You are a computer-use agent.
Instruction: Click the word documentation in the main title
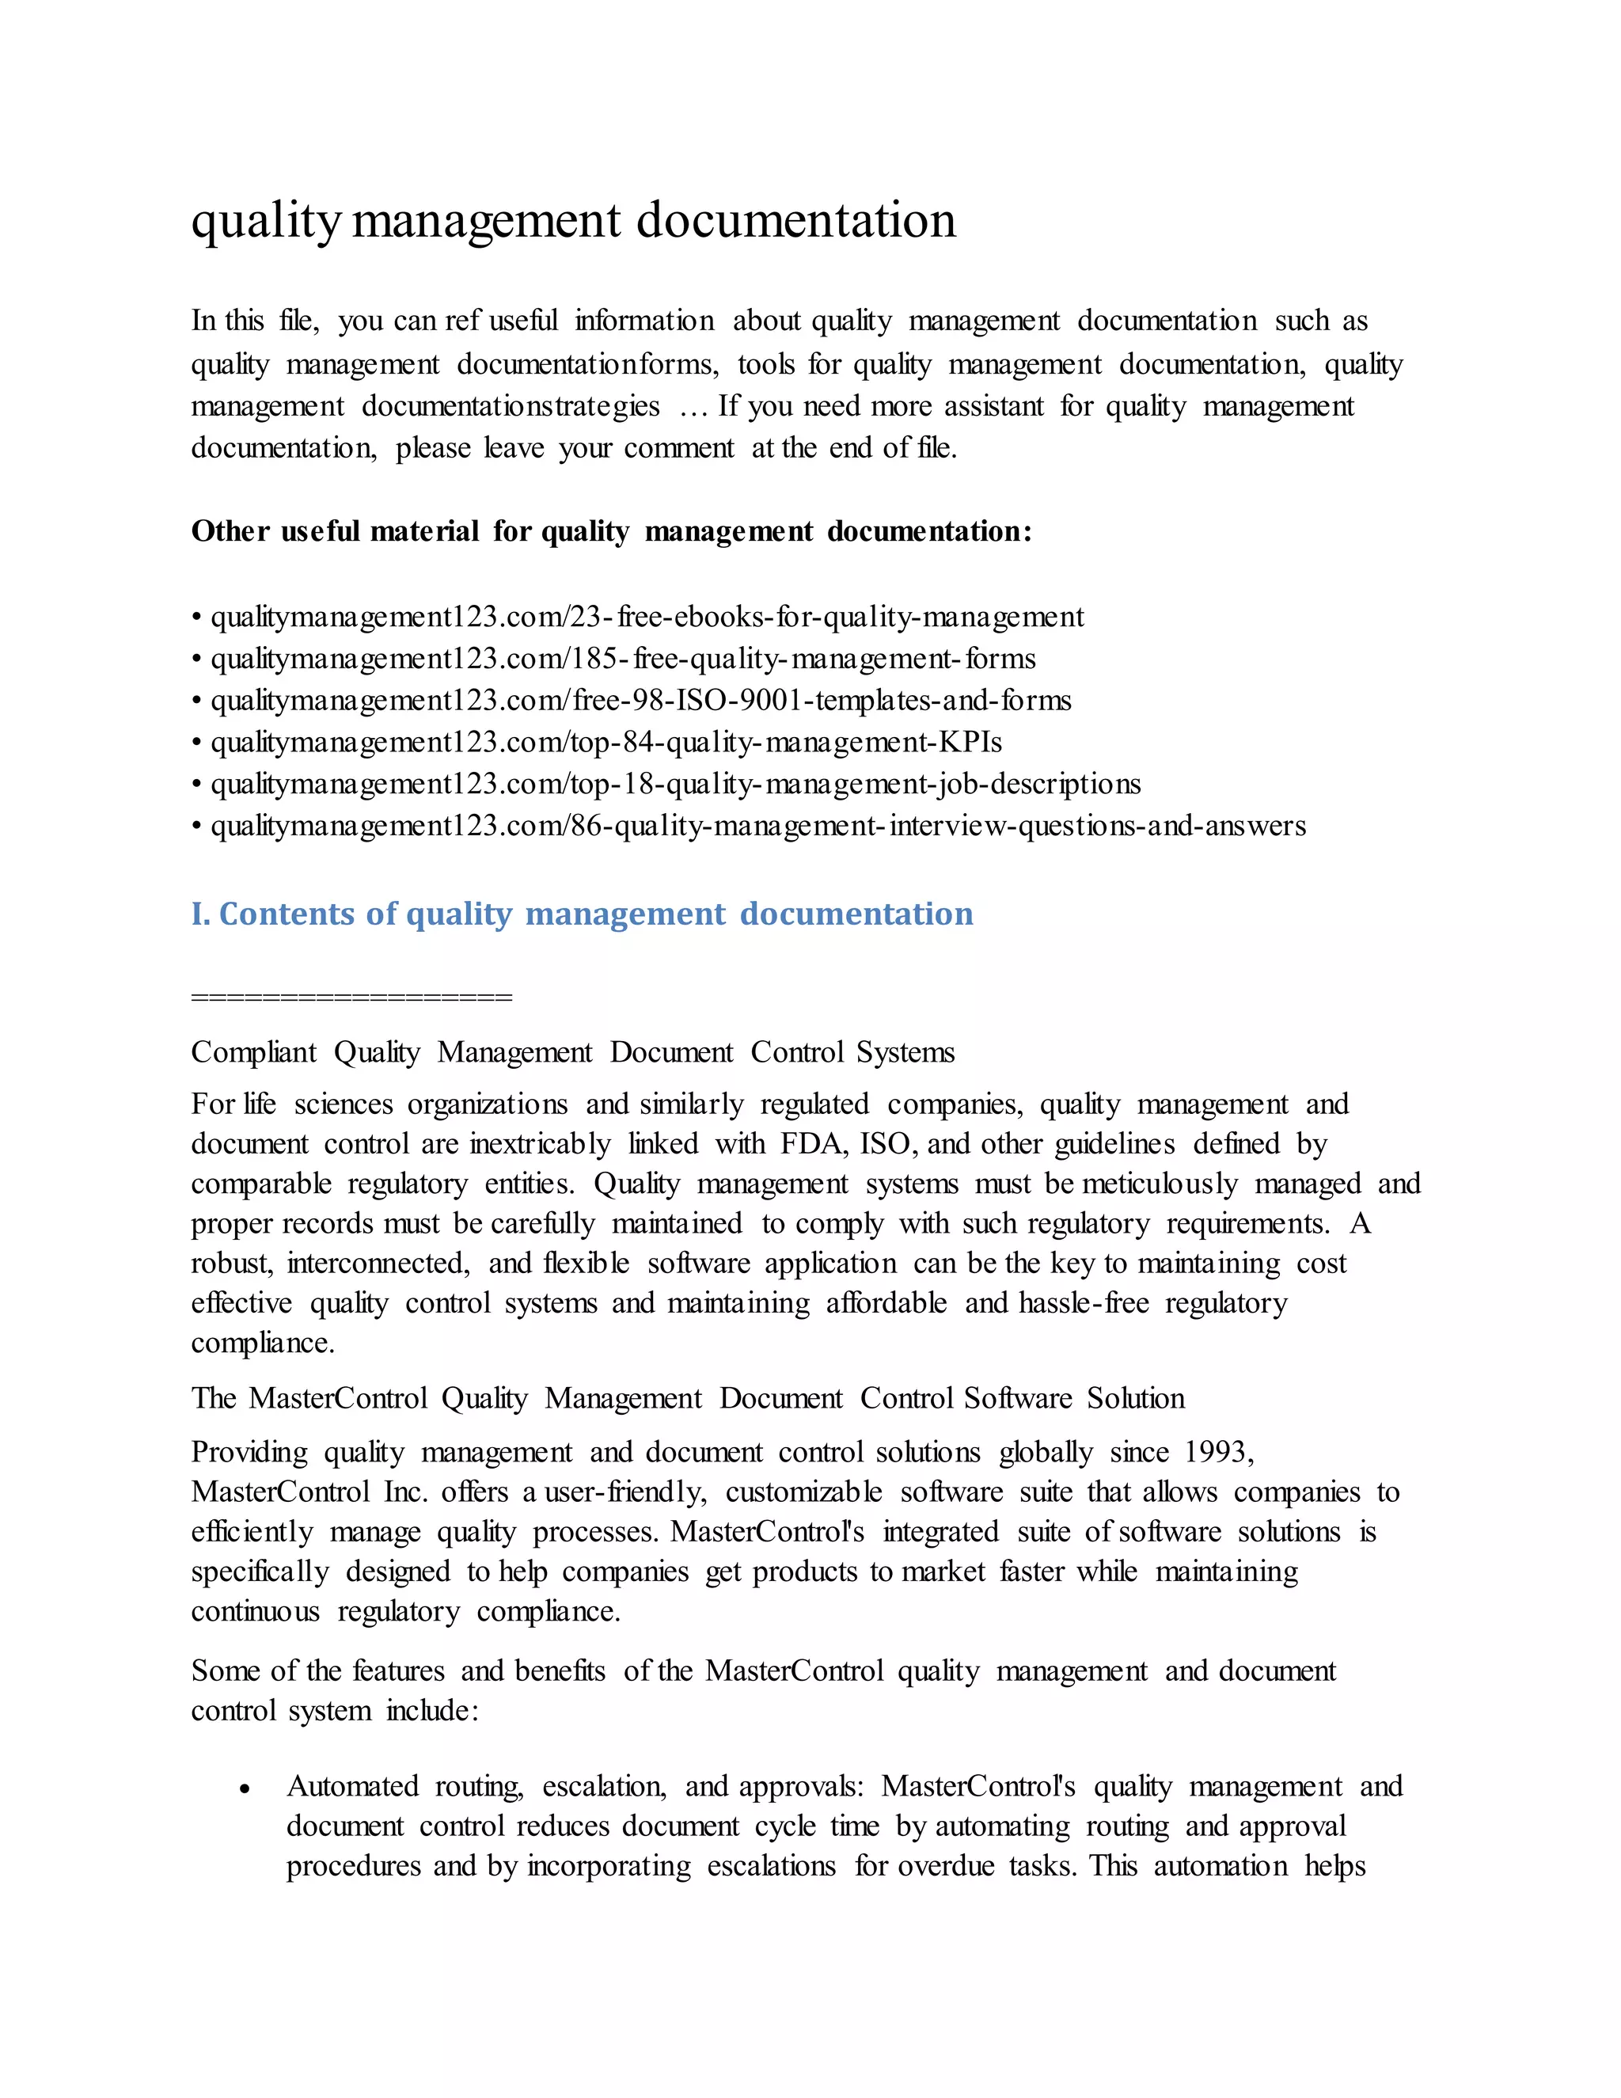pyautogui.click(x=795, y=221)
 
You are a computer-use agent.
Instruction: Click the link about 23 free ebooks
pyautogui.click(x=647, y=617)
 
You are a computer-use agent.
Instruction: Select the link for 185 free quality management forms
pyautogui.click(x=622, y=659)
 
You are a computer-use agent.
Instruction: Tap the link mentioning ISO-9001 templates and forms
pyautogui.click(x=640, y=701)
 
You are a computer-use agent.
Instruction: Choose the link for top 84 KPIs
pyautogui.click(x=606, y=743)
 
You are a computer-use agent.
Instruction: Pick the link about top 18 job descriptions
pyautogui.click(x=675, y=784)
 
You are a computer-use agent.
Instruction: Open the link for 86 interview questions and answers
pyautogui.click(x=757, y=826)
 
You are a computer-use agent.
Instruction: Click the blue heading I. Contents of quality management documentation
pyautogui.click(x=582, y=914)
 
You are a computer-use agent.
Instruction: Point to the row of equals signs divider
pyautogui.click(x=351, y=997)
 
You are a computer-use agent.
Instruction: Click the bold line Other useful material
pyautogui.click(x=611, y=531)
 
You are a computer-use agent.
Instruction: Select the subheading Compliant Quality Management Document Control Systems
pyautogui.click(x=572, y=1053)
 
